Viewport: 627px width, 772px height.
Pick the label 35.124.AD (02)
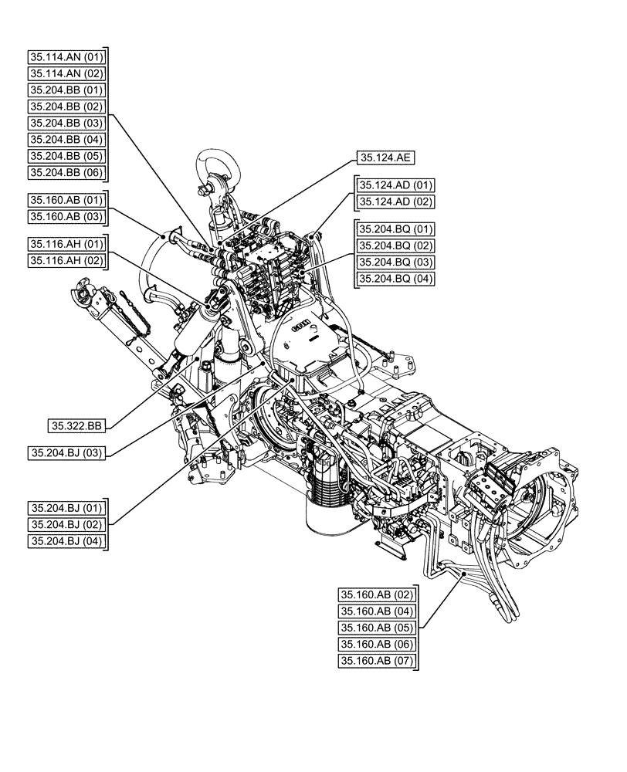tap(395, 201)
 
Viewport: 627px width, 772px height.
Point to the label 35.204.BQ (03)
tap(395, 262)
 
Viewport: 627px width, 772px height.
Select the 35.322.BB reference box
tap(76, 425)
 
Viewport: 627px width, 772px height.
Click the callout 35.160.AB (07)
tap(377, 661)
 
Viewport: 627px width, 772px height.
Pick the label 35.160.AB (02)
tap(377, 594)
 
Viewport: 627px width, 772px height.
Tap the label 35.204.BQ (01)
tap(395, 229)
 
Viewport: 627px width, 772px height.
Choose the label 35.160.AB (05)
tap(377, 628)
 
